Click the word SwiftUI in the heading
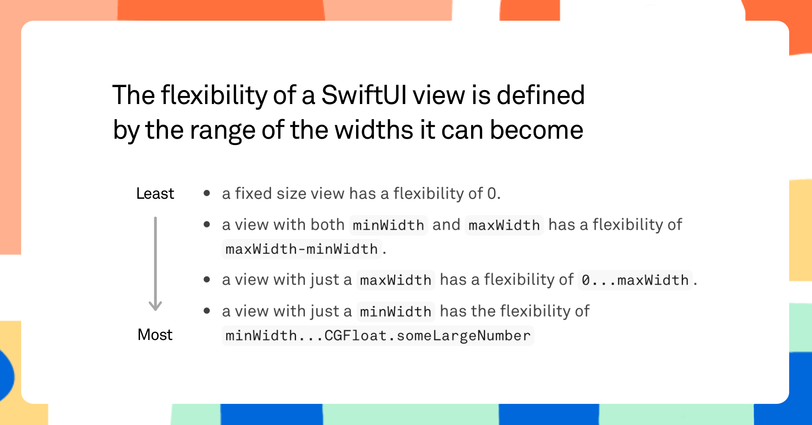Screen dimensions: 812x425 (364, 95)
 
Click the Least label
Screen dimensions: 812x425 (155, 193)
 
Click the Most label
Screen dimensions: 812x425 (155, 335)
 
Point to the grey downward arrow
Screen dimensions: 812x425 (155, 264)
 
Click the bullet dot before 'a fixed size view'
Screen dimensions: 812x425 (207, 193)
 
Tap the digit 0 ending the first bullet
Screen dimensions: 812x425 (491, 193)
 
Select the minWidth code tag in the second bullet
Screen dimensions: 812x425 (388, 225)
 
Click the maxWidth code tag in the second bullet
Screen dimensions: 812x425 (504, 225)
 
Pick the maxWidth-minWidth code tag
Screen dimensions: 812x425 (302, 249)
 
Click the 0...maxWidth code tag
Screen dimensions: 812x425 (635, 280)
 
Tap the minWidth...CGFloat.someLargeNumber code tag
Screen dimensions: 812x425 (378, 336)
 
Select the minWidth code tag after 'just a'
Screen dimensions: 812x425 (395, 312)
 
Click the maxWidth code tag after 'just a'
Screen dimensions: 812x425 (395, 280)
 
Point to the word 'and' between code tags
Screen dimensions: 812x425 (446, 225)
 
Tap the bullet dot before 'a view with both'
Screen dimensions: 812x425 (207, 225)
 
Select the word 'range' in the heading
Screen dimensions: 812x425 (222, 130)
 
